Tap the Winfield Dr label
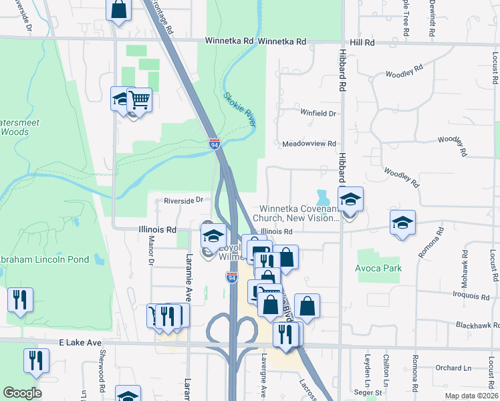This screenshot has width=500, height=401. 318,114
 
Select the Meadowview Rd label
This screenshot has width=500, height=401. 309,144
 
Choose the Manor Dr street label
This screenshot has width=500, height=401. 150,255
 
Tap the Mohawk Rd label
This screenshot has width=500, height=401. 463,265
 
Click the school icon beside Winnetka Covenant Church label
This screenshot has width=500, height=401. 350,199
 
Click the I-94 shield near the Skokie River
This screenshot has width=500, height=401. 214,144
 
